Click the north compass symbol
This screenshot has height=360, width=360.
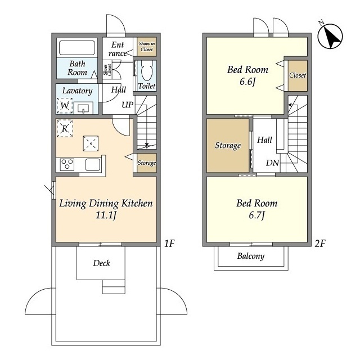tap(330, 36)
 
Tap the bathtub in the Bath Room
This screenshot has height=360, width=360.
tap(77, 48)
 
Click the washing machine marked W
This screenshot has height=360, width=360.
tap(65, 106)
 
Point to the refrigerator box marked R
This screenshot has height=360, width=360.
tap(65, 129)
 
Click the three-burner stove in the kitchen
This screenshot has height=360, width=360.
tap(67, 165)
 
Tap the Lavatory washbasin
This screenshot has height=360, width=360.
tap(83, 108)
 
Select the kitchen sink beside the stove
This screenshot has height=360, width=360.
tap(93, 165)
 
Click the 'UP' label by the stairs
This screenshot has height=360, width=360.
tap(128, 105)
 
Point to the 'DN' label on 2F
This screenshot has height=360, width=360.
tap(272, 163)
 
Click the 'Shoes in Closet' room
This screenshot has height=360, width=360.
tap(147, 47)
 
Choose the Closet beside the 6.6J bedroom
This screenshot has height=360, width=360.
tap(298, 75)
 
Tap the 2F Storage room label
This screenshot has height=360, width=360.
tap(228, 146)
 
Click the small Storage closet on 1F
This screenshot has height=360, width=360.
tap(147, 163)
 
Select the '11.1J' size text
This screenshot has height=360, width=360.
tap(106, 215)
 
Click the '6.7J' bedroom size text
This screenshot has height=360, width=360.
tap(257, 215)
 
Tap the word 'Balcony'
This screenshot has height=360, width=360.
tap(251, 256)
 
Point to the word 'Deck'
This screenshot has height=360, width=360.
tap(101, 263)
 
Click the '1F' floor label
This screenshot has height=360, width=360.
tap(169, 244)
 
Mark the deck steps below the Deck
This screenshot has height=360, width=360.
tap(114, 286)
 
